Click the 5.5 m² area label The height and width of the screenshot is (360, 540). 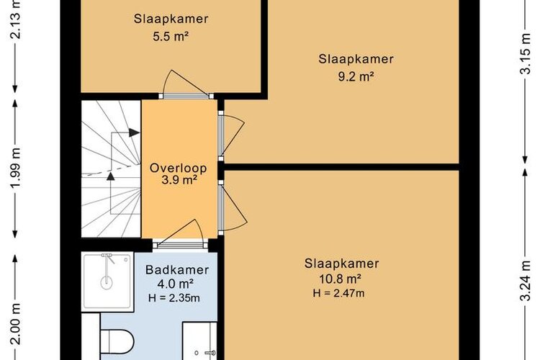(x=171, y=37)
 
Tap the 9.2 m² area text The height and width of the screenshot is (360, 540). (x=356, y=76)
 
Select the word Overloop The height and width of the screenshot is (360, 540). (x=179, y=168)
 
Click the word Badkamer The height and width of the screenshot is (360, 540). (x=177, y=270)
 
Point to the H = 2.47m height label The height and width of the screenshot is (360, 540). (x=339, y=293)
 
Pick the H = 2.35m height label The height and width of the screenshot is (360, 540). (x=174, y=298)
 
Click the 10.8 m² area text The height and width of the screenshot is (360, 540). (x=341, y=278)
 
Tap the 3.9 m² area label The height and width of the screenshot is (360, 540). (x=179, y=180)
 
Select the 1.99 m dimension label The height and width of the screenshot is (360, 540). (x=16, y=168)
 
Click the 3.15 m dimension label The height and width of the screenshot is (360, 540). (x=524, y=54)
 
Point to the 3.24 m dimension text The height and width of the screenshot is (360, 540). (x=524, y=280)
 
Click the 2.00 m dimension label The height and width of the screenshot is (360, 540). (x=16, y=324)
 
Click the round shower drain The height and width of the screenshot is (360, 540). (x=107, y=283)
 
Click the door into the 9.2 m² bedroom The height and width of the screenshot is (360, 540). (x=232, y=135)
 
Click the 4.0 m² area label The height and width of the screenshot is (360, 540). (x=175, y=284)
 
